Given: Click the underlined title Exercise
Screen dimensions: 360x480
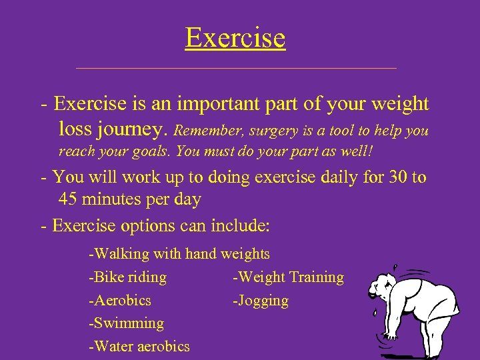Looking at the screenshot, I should tap(235, 38).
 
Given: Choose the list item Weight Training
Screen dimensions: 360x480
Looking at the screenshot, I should tap(288, 277).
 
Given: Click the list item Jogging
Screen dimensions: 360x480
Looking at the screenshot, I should tap(261, 301).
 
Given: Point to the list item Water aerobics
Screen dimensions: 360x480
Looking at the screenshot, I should tap(139, 347).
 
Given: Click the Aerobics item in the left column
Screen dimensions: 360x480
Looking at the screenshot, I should tap(120, 301).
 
